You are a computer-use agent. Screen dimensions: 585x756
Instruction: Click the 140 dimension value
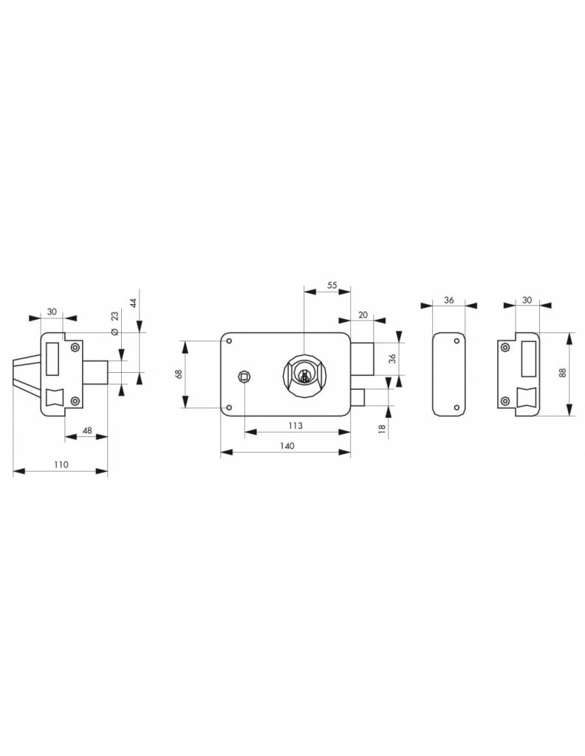287,446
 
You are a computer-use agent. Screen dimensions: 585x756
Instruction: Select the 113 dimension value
295,426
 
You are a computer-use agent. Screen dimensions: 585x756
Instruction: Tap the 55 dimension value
332,286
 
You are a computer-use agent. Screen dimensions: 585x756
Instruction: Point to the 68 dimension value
178,374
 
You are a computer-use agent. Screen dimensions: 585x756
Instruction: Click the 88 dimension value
563,373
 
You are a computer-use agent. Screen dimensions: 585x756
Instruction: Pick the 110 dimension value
61,465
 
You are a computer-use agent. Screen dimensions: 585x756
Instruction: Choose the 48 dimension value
87,430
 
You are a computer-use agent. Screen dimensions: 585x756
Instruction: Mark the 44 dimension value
134,303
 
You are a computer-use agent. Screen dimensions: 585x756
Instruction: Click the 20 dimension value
363,315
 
